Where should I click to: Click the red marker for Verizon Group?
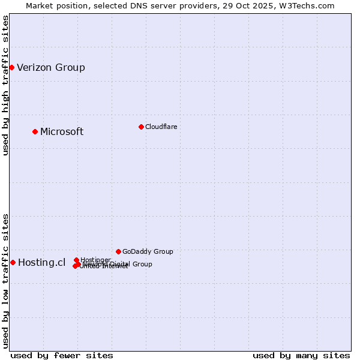pyautogui.click(x=11, y=67)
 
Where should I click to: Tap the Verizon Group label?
pyautogui.click(x=51, y=67)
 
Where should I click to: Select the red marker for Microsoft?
pyautogui.click(x=35, y=131)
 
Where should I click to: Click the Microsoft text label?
pyautogui.click(x=62, y=131)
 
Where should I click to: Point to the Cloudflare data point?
pyautogui.click(x=141, y=127)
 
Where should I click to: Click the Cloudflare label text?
pyautogui.click(x=161, y=127)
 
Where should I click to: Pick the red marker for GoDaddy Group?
pyautogui.click(x=118, y=251)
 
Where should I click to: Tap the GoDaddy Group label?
pyautogui.click(x=148, y=251)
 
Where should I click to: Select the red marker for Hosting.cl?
pyautogui.click(x=13, y=262)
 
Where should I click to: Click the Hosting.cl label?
pyautogui.click(x=41, y=262)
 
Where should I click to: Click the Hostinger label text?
pyautogui.click(x=95, y=260)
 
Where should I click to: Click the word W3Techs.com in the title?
pyautogui.click(x=310, y=5)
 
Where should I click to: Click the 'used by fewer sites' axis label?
pyautogui.click(x=62, y=355)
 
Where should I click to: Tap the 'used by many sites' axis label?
pyautogui.click(x=301, y=355)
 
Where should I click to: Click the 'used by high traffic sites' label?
pyautogui.click(x=5, y=85)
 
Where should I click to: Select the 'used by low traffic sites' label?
pyautogui.click(x=5, y=280)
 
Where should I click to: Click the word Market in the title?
pyautogui.click(x=40, y=5)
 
